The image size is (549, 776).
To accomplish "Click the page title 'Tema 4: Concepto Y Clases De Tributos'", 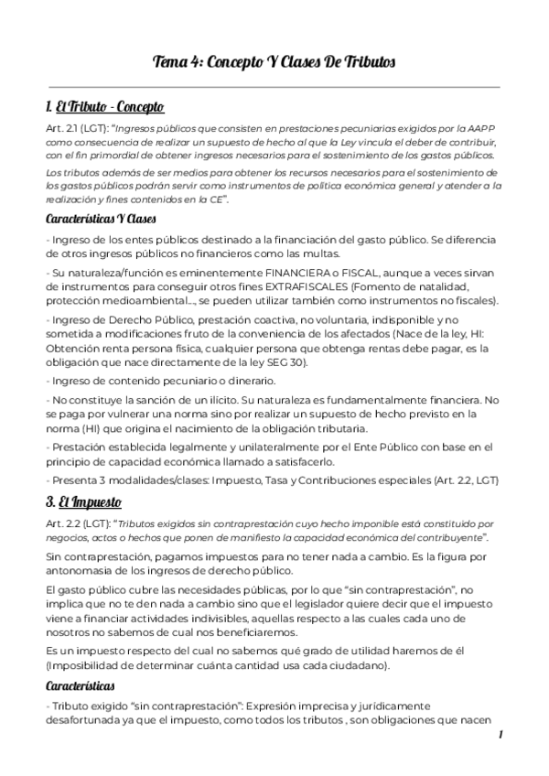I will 274,61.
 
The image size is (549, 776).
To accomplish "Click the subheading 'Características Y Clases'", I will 100,220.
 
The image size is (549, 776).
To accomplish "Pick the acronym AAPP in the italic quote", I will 490,129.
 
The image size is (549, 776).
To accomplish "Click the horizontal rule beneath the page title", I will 274,87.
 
